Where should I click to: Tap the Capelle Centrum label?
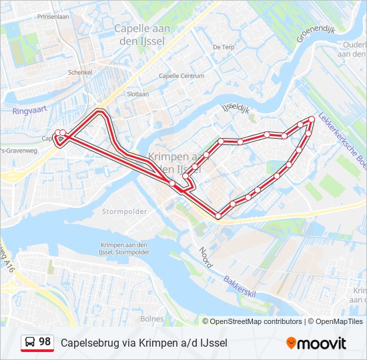(x=181, y=76)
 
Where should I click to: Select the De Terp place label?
(x=223, y=47)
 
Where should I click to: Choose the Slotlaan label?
(x=137, y=94)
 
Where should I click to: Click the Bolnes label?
(x=152, y=319)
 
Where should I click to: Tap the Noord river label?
(x=205, y=258)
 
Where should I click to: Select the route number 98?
(x=45, y=342)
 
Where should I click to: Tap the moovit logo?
(x=316, y=343)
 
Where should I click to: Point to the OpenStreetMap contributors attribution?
(x=256, y=321)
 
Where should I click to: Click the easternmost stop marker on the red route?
(x=312, y=119)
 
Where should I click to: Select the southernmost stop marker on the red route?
(x=218, y=215)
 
